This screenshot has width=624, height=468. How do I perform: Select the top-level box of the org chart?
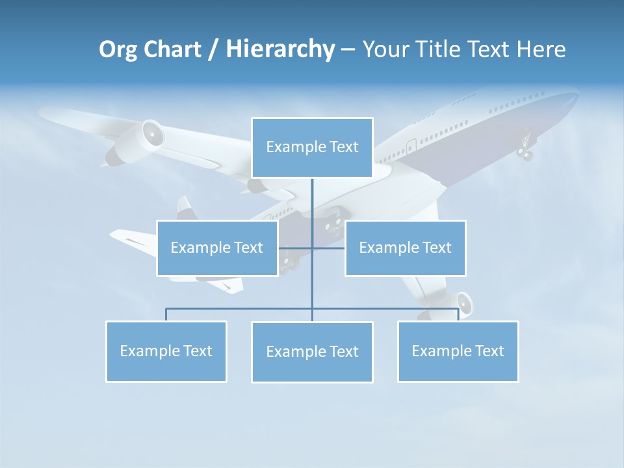point(312,148)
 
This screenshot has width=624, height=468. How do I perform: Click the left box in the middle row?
point(217,248)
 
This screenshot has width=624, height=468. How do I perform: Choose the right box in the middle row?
point(405,248)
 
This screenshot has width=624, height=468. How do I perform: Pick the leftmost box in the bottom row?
point(166,351)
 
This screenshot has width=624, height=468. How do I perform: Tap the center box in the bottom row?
point(312,352)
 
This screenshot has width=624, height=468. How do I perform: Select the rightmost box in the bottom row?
point(458,351)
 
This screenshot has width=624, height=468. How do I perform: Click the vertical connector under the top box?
point(312,201)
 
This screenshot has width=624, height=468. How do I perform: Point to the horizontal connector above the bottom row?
point(240,309)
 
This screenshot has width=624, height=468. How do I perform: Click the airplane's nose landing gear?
point(525,149)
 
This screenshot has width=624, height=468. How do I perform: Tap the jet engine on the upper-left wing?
point(151,135)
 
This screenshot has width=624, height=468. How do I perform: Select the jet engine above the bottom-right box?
point(462,304)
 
